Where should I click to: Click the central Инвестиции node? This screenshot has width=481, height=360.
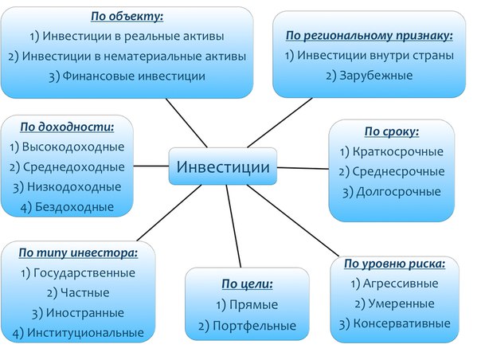coord(222,166)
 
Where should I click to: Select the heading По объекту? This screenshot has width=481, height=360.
coord(127,15)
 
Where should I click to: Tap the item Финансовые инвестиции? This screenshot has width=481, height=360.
coord(127,76)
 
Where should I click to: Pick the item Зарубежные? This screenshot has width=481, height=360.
coord(369,76)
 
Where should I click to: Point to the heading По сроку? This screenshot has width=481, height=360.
coord(391,131)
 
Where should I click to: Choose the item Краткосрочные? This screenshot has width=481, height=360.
coord(391,151)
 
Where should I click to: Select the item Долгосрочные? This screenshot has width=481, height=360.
coord(391,191)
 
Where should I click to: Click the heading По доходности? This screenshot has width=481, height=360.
coord(67,126)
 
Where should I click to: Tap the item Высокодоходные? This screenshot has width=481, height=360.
coord(67,147)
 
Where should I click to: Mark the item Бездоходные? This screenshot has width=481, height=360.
coord(67,207)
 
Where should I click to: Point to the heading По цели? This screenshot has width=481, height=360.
coord(247,283)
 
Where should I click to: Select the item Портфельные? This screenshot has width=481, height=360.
coord(247,325)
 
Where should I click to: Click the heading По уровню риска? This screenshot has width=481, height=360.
coord(394,263)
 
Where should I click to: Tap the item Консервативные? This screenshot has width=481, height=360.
coord(394,323)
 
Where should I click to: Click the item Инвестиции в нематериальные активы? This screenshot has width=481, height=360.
coord(127,56)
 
